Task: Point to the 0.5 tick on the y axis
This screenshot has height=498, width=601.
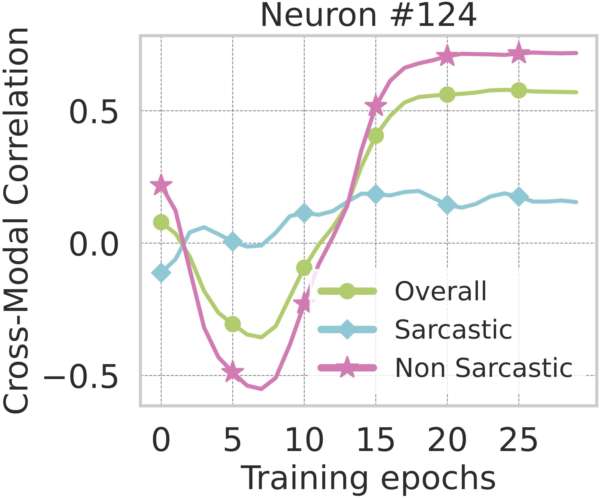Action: point(93,112)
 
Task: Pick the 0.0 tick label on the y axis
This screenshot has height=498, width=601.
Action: point(93,244)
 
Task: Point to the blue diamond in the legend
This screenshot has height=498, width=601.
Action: point(347,329)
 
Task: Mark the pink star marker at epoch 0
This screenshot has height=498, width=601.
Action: point(161,185)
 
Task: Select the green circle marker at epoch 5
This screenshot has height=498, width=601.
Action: point(232,324)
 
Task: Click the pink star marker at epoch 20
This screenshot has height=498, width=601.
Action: point(447,55)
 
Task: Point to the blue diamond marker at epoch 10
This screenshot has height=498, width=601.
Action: point(304,213)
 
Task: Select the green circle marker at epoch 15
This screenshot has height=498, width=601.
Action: point(376,135)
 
